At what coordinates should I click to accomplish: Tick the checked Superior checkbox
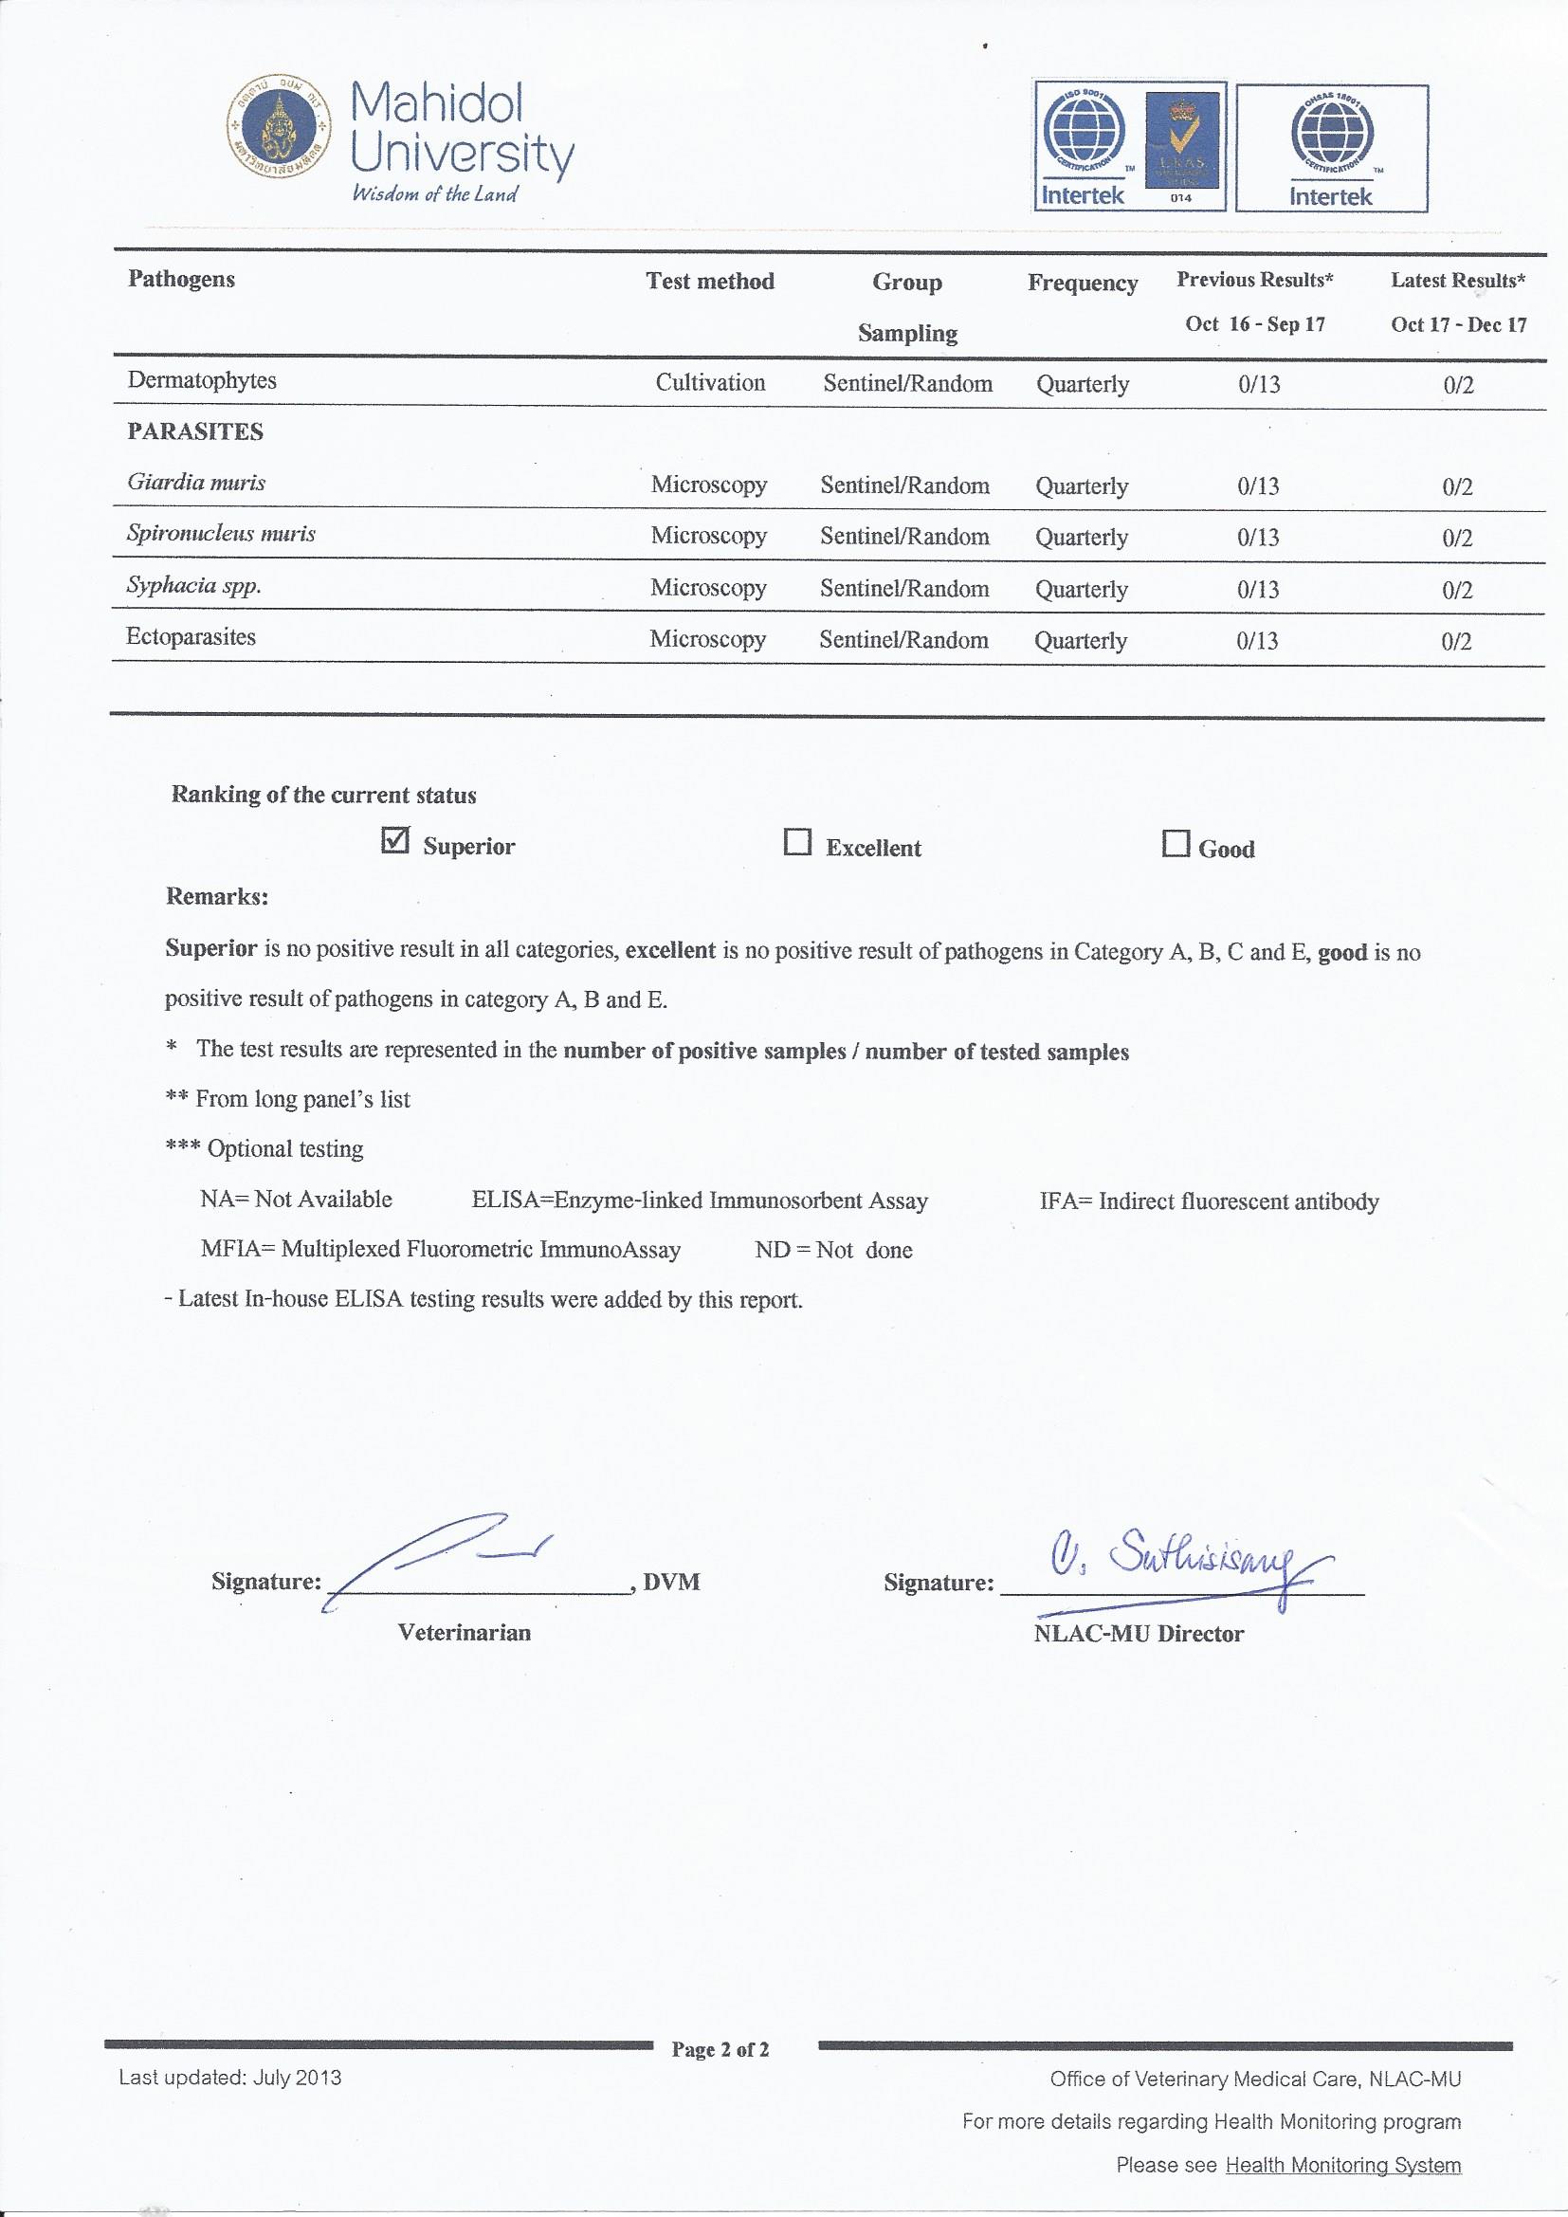click(395, 842)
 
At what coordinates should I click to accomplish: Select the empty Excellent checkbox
click(797, 843)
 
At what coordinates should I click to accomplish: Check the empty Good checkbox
click(1175, 844)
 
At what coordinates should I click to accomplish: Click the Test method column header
click(710, 281)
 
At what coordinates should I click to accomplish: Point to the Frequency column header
click(1083, 283)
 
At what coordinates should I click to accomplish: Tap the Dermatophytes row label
click(202, 380)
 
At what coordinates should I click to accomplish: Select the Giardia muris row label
click(196, 482)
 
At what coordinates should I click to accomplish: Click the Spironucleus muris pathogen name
click(221, 533)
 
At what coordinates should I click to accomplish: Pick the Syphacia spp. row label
click(193, 585)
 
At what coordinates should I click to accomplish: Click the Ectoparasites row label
click(191, 636)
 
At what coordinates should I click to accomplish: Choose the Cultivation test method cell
click(710, 382)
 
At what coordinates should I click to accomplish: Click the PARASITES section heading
click(195, 431)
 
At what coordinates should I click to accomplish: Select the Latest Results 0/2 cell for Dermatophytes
click(1458, 384)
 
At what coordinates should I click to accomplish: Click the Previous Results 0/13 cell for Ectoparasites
click(1257, 640)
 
